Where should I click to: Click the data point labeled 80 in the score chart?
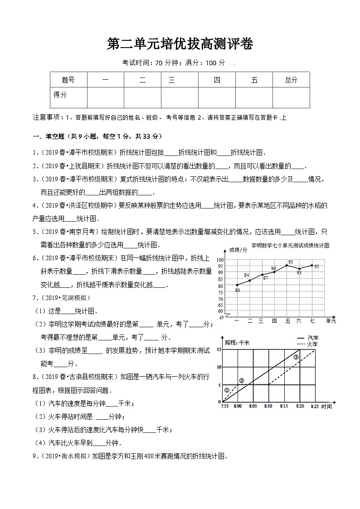click(237, 285)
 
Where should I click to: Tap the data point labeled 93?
click(299, 269)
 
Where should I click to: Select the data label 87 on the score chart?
click(265, 278)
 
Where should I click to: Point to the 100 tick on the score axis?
click(221, 260)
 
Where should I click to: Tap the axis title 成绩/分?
click(238, 250)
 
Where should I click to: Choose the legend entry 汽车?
click(313, 338)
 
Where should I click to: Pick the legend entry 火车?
click(313, 344)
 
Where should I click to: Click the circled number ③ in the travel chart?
click(296, 357)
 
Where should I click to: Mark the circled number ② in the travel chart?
click(241, 380)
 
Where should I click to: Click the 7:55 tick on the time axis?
click(224, 407)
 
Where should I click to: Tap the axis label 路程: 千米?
click(238, 343)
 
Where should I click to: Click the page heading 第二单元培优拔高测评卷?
click(180, 44)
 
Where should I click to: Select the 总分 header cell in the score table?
click(291, 80)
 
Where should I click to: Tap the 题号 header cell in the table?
click(68, 80)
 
